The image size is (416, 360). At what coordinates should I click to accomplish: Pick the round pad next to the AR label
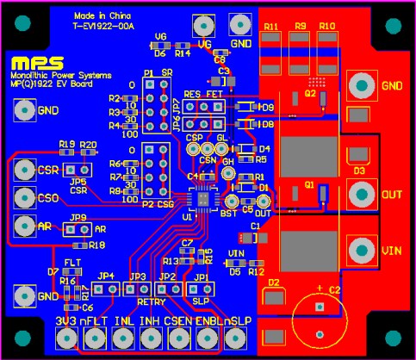(x=23, y=227)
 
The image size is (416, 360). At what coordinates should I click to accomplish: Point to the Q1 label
(x=309, y=184)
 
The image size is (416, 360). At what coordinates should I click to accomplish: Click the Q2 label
(x=310, y=93)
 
